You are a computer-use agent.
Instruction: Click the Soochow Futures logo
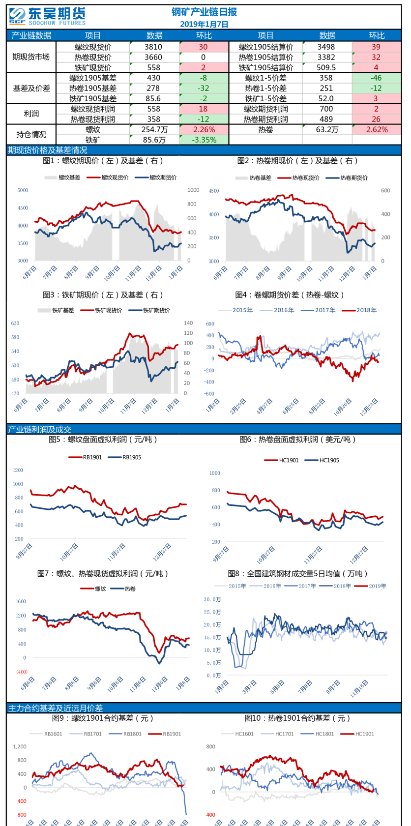point(47,16)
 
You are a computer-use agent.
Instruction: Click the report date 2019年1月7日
point(204,24)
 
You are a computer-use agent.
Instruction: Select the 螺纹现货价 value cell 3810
point(153,47)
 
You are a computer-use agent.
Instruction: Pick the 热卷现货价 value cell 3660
point(153,57)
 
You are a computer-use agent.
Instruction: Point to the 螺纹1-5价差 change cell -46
point(376,78)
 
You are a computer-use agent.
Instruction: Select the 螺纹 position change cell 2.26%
point(204,129)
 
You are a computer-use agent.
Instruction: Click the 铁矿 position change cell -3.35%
point(204,140)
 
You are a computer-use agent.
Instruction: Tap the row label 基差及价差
point(31,88)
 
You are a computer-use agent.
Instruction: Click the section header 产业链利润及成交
point(39,429)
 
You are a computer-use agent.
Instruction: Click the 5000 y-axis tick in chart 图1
point(23,190)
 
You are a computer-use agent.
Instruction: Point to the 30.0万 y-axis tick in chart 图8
point(212,599)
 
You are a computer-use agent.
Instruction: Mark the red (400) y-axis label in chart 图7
point(22,672)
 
